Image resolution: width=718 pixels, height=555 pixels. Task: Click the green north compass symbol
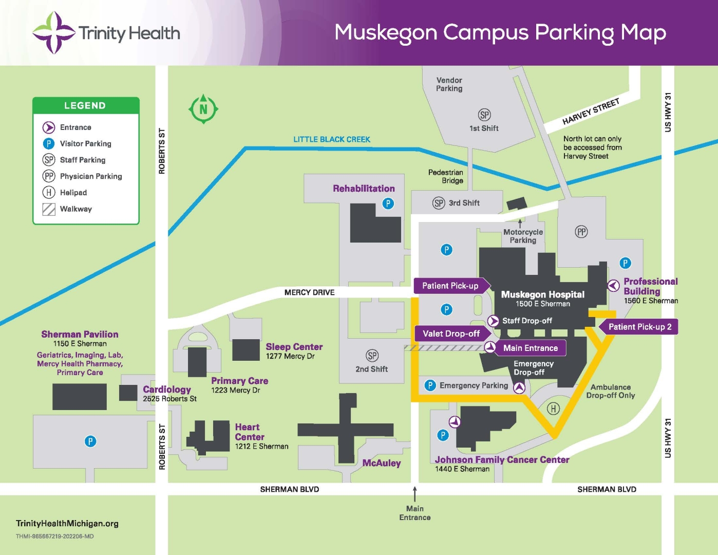tap(203, 108)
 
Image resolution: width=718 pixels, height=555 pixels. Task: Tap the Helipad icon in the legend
tap(49, 193)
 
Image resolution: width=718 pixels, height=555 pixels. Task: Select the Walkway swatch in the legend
tap(49, 209)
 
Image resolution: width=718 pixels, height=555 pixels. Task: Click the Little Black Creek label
tap(332, 139)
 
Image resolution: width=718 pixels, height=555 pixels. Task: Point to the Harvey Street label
tap(591, 112)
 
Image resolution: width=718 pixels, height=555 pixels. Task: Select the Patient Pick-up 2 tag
tap(639, 327)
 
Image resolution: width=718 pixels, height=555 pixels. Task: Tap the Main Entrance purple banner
tap(530, 348)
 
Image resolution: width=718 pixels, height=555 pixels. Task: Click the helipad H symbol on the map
tap(553, 409)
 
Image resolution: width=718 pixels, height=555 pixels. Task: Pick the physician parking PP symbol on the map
tap(581, 232)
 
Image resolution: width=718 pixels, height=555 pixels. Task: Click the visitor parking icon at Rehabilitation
tap(388, 203)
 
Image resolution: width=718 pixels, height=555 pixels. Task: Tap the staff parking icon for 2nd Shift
tap(372, 356)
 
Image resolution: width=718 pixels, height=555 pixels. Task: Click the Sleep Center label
tap(294, 347)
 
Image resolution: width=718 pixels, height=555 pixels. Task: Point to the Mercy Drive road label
tap(309, 292)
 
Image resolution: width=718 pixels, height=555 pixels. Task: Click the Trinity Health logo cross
tap(53, 33)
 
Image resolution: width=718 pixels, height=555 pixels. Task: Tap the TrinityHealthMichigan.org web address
tap(67, 523)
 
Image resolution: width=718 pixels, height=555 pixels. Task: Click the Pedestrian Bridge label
tap(446, 176)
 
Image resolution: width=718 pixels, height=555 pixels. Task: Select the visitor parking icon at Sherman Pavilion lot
tap(90, 441)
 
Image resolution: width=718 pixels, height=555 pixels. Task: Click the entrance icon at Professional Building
tap(613, 286)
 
